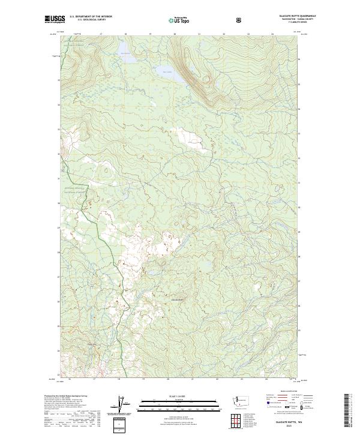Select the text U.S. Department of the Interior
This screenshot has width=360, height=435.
(x=91, y=16)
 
